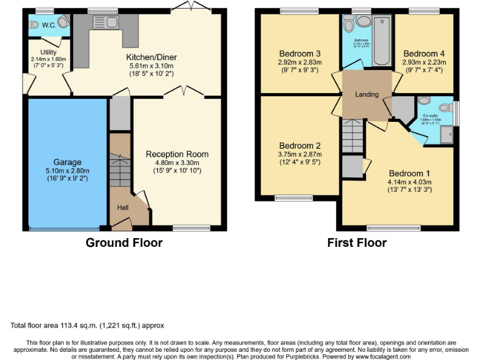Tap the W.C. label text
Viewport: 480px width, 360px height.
[49, 26]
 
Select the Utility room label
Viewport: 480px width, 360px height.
[49, 52]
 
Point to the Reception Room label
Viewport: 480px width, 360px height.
[177, 154]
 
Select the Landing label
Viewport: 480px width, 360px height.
[367, 94]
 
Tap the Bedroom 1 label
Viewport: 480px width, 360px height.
[409, 174]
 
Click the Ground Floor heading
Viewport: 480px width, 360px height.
[124, 242]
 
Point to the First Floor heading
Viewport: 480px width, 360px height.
[357, 242]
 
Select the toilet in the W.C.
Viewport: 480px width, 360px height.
[34, 25]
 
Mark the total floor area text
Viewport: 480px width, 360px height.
[87, 326]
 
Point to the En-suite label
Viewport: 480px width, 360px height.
[430, 116]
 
